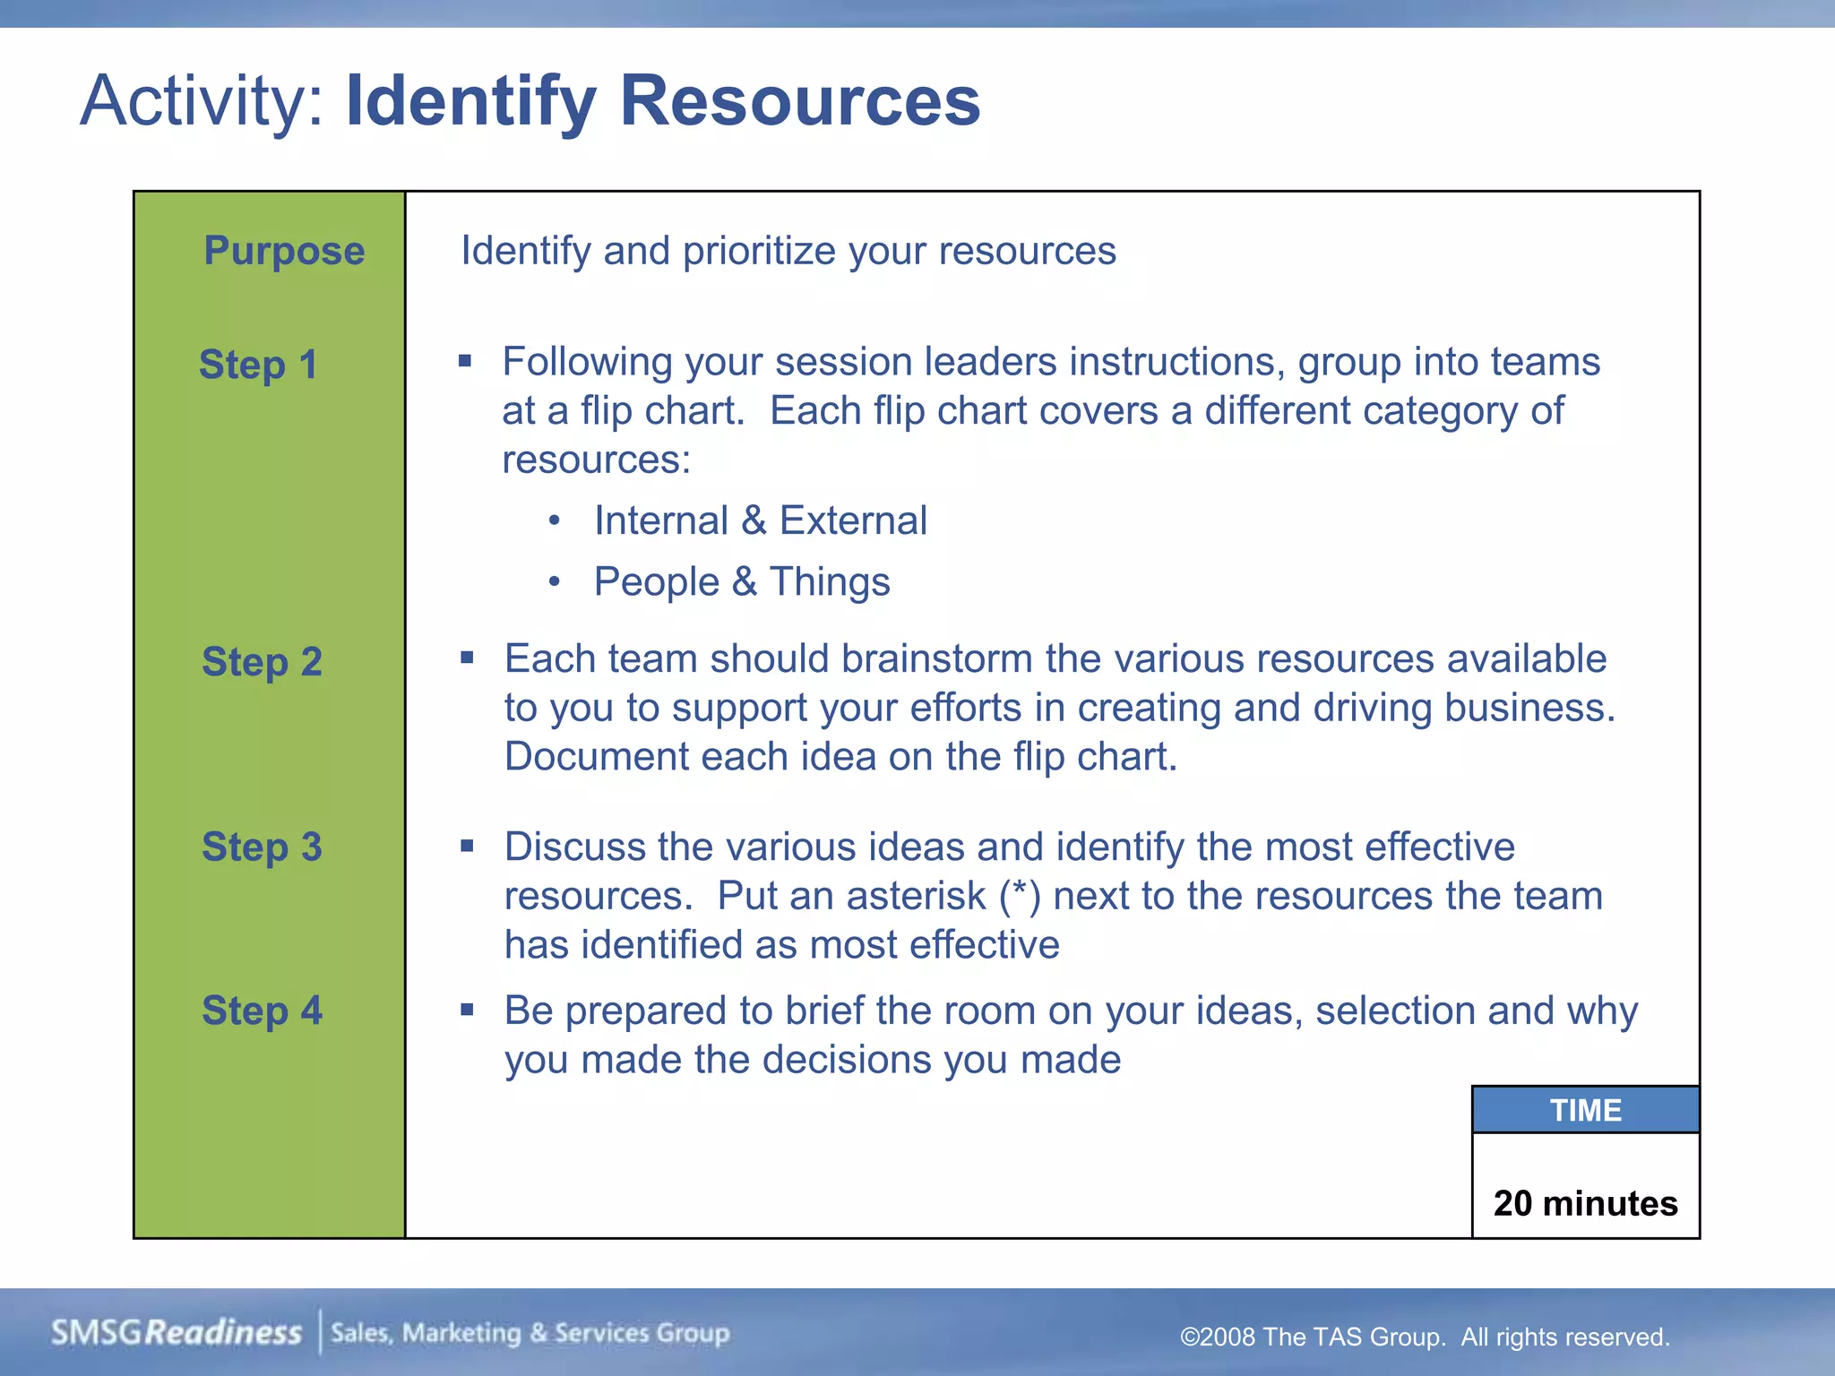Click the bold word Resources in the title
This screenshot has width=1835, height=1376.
click(x=799, y=100)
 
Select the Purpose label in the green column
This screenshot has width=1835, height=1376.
click(x=284, y=251)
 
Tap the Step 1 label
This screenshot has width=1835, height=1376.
click(x=258, y=365)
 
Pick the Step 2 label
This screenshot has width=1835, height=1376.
click(x=262, y=662)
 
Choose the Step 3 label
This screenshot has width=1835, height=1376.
click(x=262, y=847)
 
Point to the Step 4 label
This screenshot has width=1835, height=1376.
click(x=262, y=1010)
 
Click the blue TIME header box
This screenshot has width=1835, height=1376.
click(x=1585, y=1110)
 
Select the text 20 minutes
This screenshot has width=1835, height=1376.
click(x=1585, y=1203)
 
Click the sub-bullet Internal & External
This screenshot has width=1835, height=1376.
click(x=760, y=520)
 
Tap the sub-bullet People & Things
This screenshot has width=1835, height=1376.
click(x=742, y=581)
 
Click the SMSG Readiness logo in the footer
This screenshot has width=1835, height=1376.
click(x=176, y=1333)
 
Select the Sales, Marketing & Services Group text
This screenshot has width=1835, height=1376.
click(x=530, y=1333)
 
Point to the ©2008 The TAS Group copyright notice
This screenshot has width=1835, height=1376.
click(x=1425, y=1337)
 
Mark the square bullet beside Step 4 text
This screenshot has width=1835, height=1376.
click(x=467, y=1010)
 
